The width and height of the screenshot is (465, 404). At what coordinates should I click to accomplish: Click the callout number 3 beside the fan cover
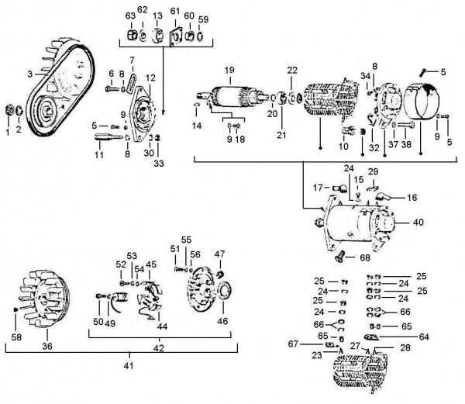[29, 74]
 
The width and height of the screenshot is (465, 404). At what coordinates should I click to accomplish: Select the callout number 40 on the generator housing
[418, 222]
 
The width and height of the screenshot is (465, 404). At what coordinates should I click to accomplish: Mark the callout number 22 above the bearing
[292, 71]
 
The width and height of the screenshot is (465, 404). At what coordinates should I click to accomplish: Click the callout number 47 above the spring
[219, 254]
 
